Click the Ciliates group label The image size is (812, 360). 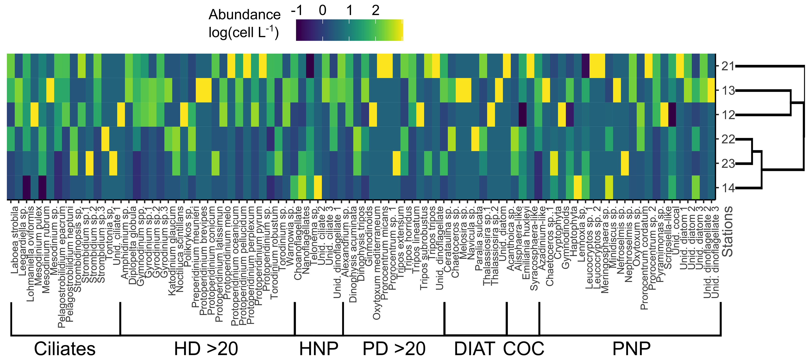point(65,349)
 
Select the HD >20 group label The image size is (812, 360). point(206,349)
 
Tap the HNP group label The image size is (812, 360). point(318,349)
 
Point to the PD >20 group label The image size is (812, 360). point(394,349)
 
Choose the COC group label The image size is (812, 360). point(524,349)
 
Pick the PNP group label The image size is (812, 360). point(631,349)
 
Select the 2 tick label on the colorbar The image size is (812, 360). point(375,10)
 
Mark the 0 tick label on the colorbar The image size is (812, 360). point(322,10)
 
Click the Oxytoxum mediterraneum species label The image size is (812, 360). point(377,263)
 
